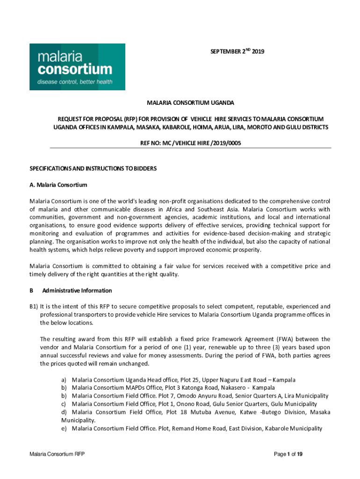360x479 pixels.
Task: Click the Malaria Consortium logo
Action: [x=77, y=66]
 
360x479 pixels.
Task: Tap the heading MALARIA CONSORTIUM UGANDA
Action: [x=190, y=102]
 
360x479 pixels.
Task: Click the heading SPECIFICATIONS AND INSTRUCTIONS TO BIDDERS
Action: [x=93, y=168]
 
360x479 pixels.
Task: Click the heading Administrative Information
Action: [x=77, y=290]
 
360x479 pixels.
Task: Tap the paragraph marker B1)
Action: [x=33, y=307]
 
